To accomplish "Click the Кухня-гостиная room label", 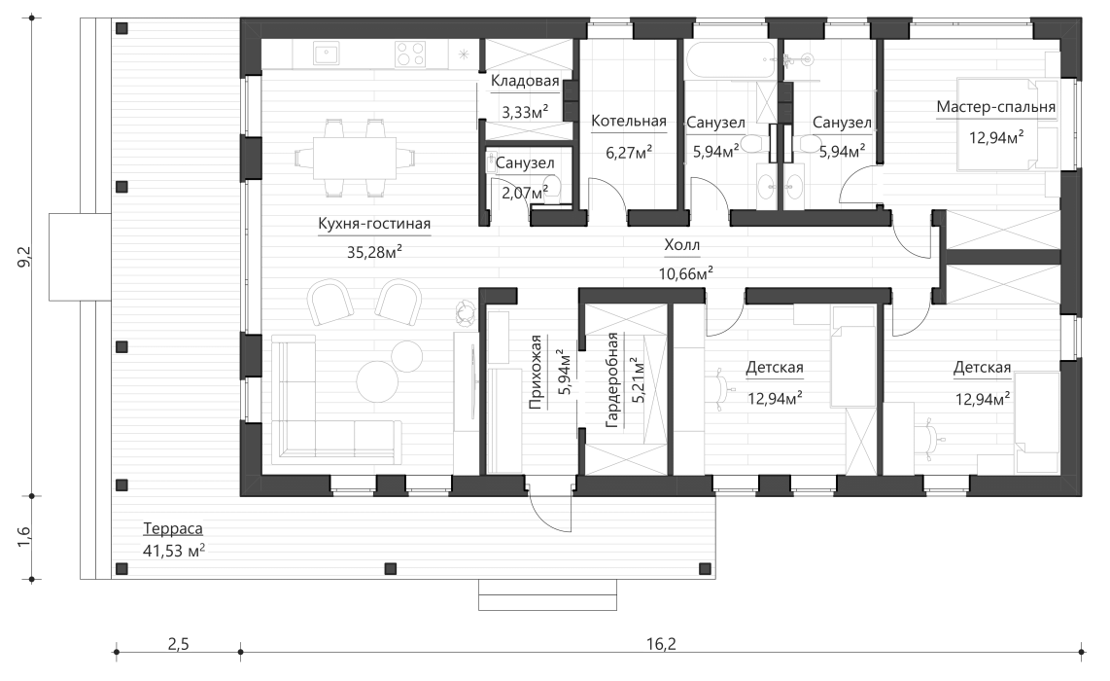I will (373, 224).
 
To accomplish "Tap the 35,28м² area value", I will (373, 251).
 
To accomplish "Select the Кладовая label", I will (524, 81).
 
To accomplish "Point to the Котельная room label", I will (628, 122).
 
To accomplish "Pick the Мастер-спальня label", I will (995, 106).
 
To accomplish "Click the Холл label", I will (681, 246).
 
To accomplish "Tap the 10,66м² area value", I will (685, 272).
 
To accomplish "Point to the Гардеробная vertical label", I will (612, 380).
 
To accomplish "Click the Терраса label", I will (172, 529).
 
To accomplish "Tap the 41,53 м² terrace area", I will (173, 552).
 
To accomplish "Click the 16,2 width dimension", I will (660, 643).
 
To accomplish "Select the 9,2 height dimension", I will (24, 257).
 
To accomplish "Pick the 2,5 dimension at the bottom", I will (178, 643).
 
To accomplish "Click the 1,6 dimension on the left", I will (24, 536).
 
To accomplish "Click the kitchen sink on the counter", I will (325, 54).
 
